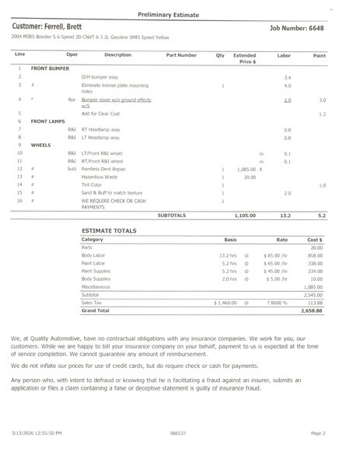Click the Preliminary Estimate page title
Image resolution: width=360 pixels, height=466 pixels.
tap(180, 14)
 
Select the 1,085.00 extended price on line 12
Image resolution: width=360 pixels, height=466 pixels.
tap(246, 169)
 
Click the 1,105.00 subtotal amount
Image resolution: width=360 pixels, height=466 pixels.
tap(245, 215)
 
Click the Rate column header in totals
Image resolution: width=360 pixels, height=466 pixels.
tap(281, 240)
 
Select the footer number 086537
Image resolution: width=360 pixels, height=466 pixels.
tap(177, 432)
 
